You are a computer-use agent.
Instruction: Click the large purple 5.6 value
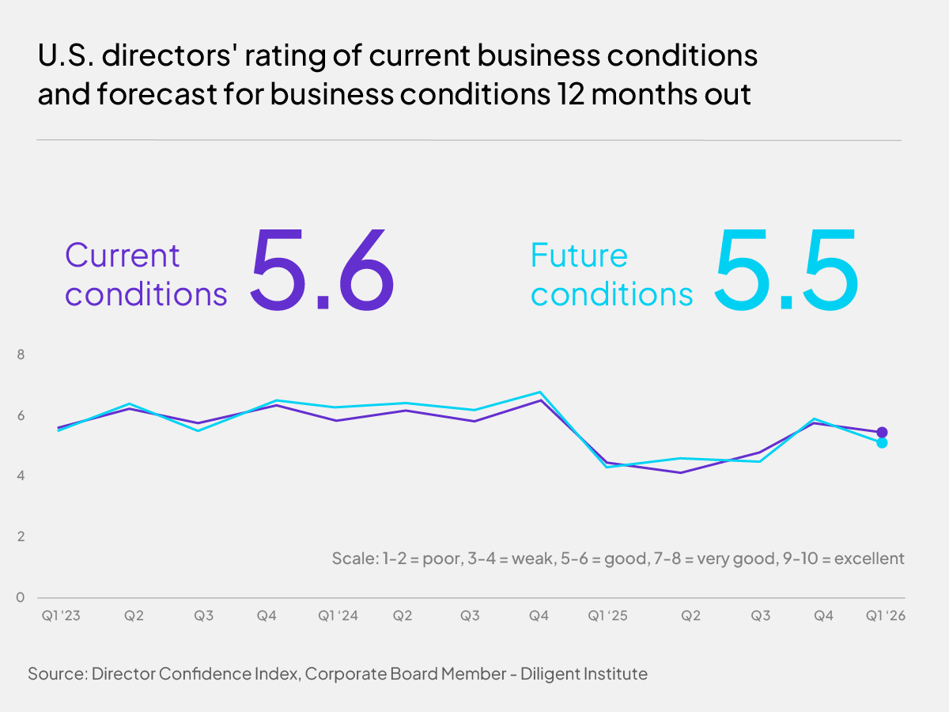point(322,269)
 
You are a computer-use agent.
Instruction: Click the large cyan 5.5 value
point(785,269)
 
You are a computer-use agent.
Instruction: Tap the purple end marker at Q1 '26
point(882,432)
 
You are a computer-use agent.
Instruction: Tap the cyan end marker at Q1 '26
point(882,442)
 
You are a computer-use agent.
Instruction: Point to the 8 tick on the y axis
point(21,355)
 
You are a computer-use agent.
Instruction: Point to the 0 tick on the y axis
point(21,597)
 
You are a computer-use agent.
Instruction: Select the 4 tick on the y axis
point(21,476)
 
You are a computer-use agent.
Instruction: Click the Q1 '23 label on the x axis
point(59,615)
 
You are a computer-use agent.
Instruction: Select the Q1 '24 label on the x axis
point(338,615)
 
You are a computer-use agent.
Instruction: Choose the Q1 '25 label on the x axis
point(607,615)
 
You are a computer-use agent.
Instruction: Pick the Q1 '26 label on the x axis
point(884,615)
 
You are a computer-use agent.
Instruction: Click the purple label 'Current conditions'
point(146,275)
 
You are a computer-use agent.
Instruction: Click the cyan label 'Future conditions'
point(611,275)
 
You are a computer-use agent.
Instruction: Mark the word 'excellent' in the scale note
point(868,559)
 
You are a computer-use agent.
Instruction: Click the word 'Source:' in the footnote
point(57,674)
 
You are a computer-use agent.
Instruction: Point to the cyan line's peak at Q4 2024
point(539,392)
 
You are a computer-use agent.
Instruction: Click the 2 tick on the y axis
point(21,536)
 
